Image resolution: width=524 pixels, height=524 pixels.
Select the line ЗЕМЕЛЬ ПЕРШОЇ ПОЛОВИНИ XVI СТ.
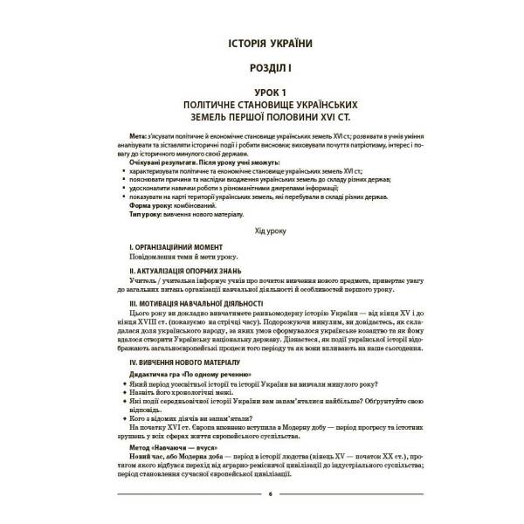262,116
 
